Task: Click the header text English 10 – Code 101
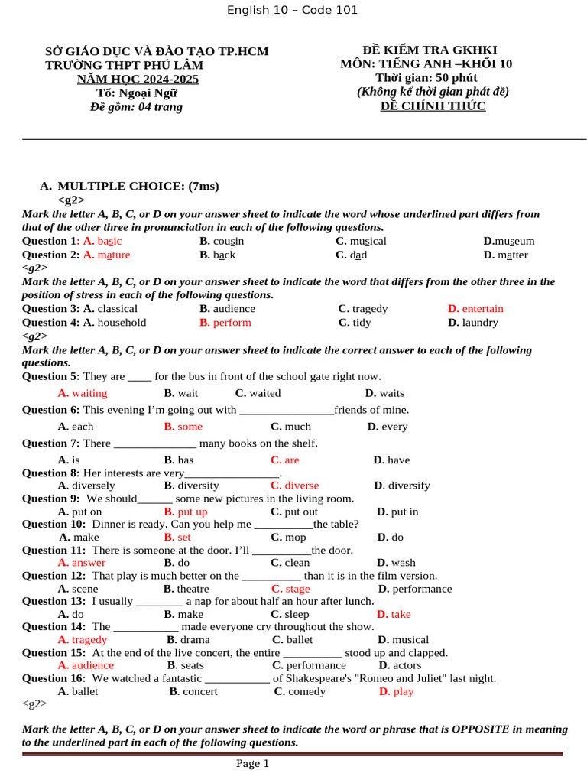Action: (x=292, y=10)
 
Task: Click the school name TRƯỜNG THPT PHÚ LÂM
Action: (x=124, y=65)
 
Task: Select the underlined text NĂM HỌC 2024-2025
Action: (x=138, y=79)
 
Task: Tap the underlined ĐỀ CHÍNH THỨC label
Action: (x=433, y=106)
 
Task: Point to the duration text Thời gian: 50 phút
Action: (x=426, y=77)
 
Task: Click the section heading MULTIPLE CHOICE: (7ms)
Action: (x=138, y=186)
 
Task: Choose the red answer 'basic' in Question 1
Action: (x=109, y=241)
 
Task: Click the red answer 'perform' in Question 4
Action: (x=232, y=323)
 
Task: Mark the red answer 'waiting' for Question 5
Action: (x=89, y=393)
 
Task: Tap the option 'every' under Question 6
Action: (x=394, y=427)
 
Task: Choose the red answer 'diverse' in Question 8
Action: (x=301, y=486)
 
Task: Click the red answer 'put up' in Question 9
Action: (x=192, y=512)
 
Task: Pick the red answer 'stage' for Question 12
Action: (x=297, y=589)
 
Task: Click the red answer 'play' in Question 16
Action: (x=403, y=691)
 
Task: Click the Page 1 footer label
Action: (x=252, y=763)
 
